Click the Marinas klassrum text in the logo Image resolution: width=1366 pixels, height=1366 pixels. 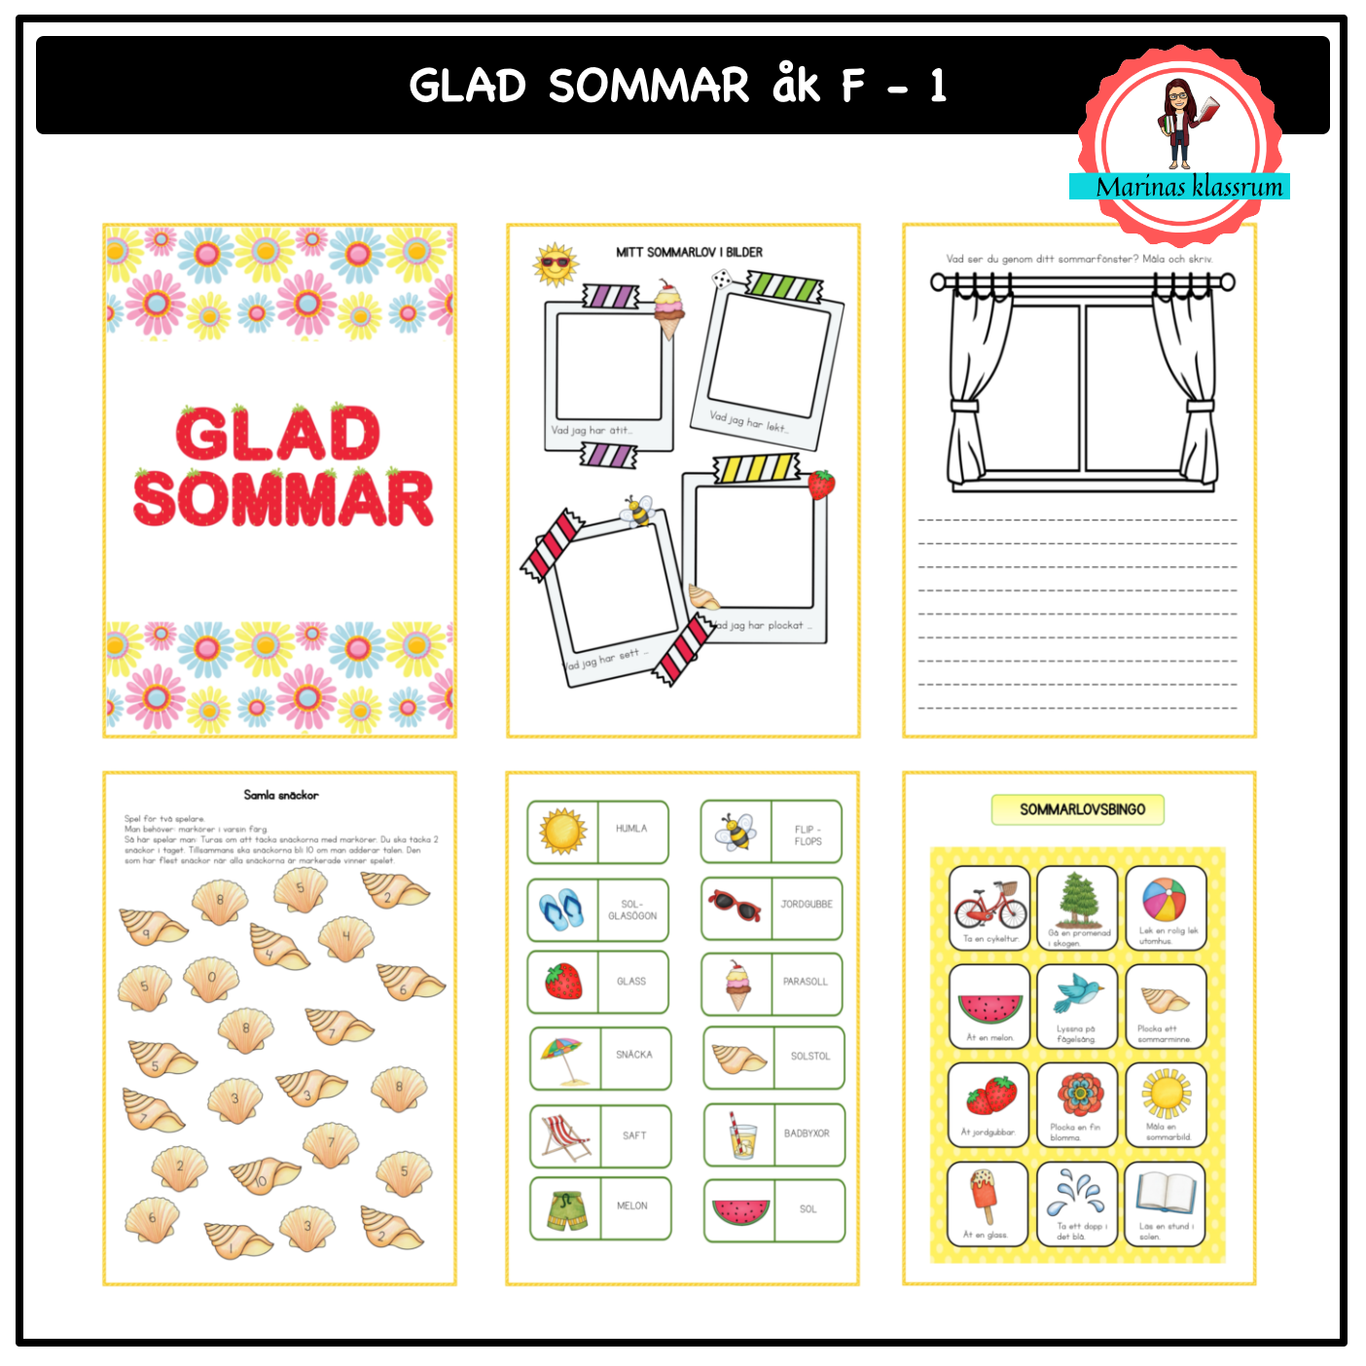(1189, 187)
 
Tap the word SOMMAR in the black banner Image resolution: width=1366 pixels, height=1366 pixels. (648, 86)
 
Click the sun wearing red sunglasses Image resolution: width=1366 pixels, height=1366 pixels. (556, 265)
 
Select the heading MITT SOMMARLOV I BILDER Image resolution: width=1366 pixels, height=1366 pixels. (689, 252)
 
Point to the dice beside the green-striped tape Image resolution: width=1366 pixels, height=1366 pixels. (721, 280)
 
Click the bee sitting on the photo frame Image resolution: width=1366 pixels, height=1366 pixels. (637, 509)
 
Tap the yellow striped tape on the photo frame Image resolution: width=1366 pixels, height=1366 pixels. (756, 468)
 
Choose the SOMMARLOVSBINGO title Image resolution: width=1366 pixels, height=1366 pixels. (1082, 809)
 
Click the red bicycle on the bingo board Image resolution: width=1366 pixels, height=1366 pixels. (990, 905)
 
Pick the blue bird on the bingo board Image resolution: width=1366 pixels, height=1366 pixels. (1077, 994)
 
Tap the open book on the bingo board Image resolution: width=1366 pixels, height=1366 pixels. (1166, 1194)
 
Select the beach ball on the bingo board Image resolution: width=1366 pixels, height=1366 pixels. (1165, 899)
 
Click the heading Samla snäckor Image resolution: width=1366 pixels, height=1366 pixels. (280, 795)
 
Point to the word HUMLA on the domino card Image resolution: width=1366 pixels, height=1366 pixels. (630, 829)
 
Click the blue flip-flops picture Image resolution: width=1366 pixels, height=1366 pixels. (561, 910)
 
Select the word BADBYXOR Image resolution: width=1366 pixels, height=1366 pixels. (807, 1133)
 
